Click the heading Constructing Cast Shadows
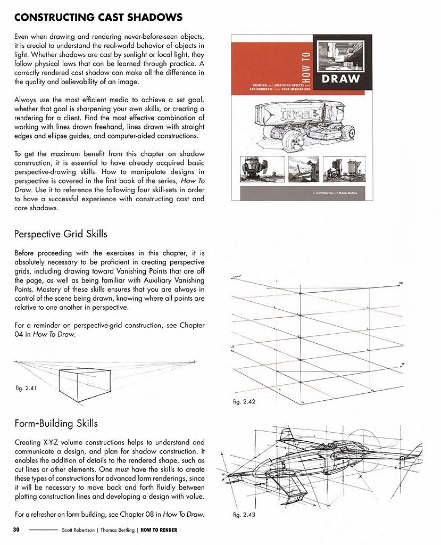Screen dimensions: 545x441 click(98, 17)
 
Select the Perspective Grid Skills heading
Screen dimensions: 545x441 click(61, 234)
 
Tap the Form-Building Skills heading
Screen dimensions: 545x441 click(56, 424)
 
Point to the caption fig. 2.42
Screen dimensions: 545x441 click(244, 402)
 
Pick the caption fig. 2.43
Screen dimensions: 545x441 click(244, 515)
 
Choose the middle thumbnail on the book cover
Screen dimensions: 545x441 click(303, 169)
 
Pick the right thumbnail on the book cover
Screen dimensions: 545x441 click(348, 169)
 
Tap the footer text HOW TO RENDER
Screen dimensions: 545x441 click(159, 530)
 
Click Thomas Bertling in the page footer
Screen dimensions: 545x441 click(117, 530)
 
